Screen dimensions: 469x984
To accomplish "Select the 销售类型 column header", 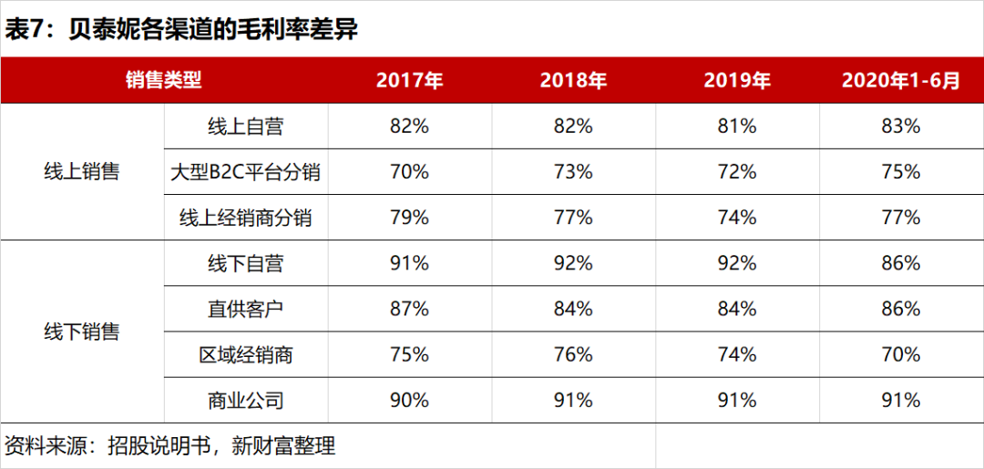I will pyautogui.click(x=164, y=80).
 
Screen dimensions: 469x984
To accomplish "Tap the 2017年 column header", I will pyautogui.click(x=409, y=80).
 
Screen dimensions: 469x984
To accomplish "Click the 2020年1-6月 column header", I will pyautogui.click(x=900, y=80).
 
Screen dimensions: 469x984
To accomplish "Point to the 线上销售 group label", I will pyautogui.click(x=82, y=172).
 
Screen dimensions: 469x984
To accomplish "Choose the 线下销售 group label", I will pyautogui.click(x=82, y=331).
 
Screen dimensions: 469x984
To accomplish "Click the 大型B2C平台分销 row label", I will pyautogui.click(x=246, y=172).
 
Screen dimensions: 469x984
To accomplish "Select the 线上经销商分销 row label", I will pyautogui.click(x=246, y=218).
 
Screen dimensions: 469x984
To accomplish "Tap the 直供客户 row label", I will pyautogui.click(x=246, y=309).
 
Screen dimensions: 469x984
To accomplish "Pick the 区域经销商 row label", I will pyautogui.click(x=246, y=354).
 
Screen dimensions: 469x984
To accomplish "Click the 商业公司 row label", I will pyautogui.click(x=246, y=400).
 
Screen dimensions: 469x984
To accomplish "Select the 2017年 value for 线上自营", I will pyautogui.click(x=409, y=127).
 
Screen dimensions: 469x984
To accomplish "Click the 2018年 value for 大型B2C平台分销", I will pyautogui.click(x=573, y=172).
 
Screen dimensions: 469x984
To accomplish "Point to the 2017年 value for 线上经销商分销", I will pyautogui.click(x=409, y=218).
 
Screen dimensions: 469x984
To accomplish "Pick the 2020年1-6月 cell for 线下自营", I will pyautogui.click(x=900, y=263).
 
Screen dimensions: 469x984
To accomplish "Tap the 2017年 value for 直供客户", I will pyautogui.click(x=409, y=309).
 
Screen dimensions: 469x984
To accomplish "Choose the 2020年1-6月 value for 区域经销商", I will pyautogui.click(x=900, y=354).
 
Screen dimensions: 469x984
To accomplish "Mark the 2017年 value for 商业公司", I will pyautogui.click(x=409, y=400).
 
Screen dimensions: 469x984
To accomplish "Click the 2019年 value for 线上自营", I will pyautogui.click(x=737, y=127).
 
